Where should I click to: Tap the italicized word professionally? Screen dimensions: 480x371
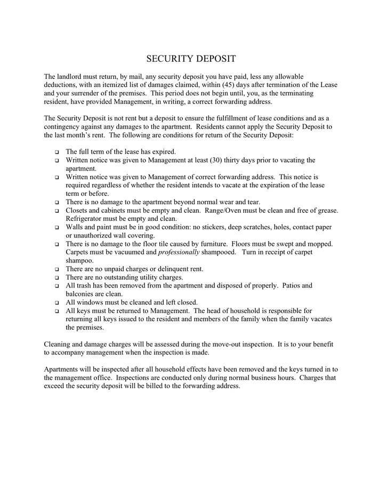pos(179,252)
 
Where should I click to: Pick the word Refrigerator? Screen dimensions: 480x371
pos(86,219)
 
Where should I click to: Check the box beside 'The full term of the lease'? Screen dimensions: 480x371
pos(57,152)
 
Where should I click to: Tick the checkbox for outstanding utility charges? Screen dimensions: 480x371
pos(57,278)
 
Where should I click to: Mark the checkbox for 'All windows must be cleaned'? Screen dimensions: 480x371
pos(57,302)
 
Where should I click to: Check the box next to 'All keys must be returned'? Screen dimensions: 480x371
pos(57,311)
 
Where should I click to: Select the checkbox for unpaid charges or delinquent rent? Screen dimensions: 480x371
pos(57,269)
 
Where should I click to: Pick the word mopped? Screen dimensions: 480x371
pos(319,244)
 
